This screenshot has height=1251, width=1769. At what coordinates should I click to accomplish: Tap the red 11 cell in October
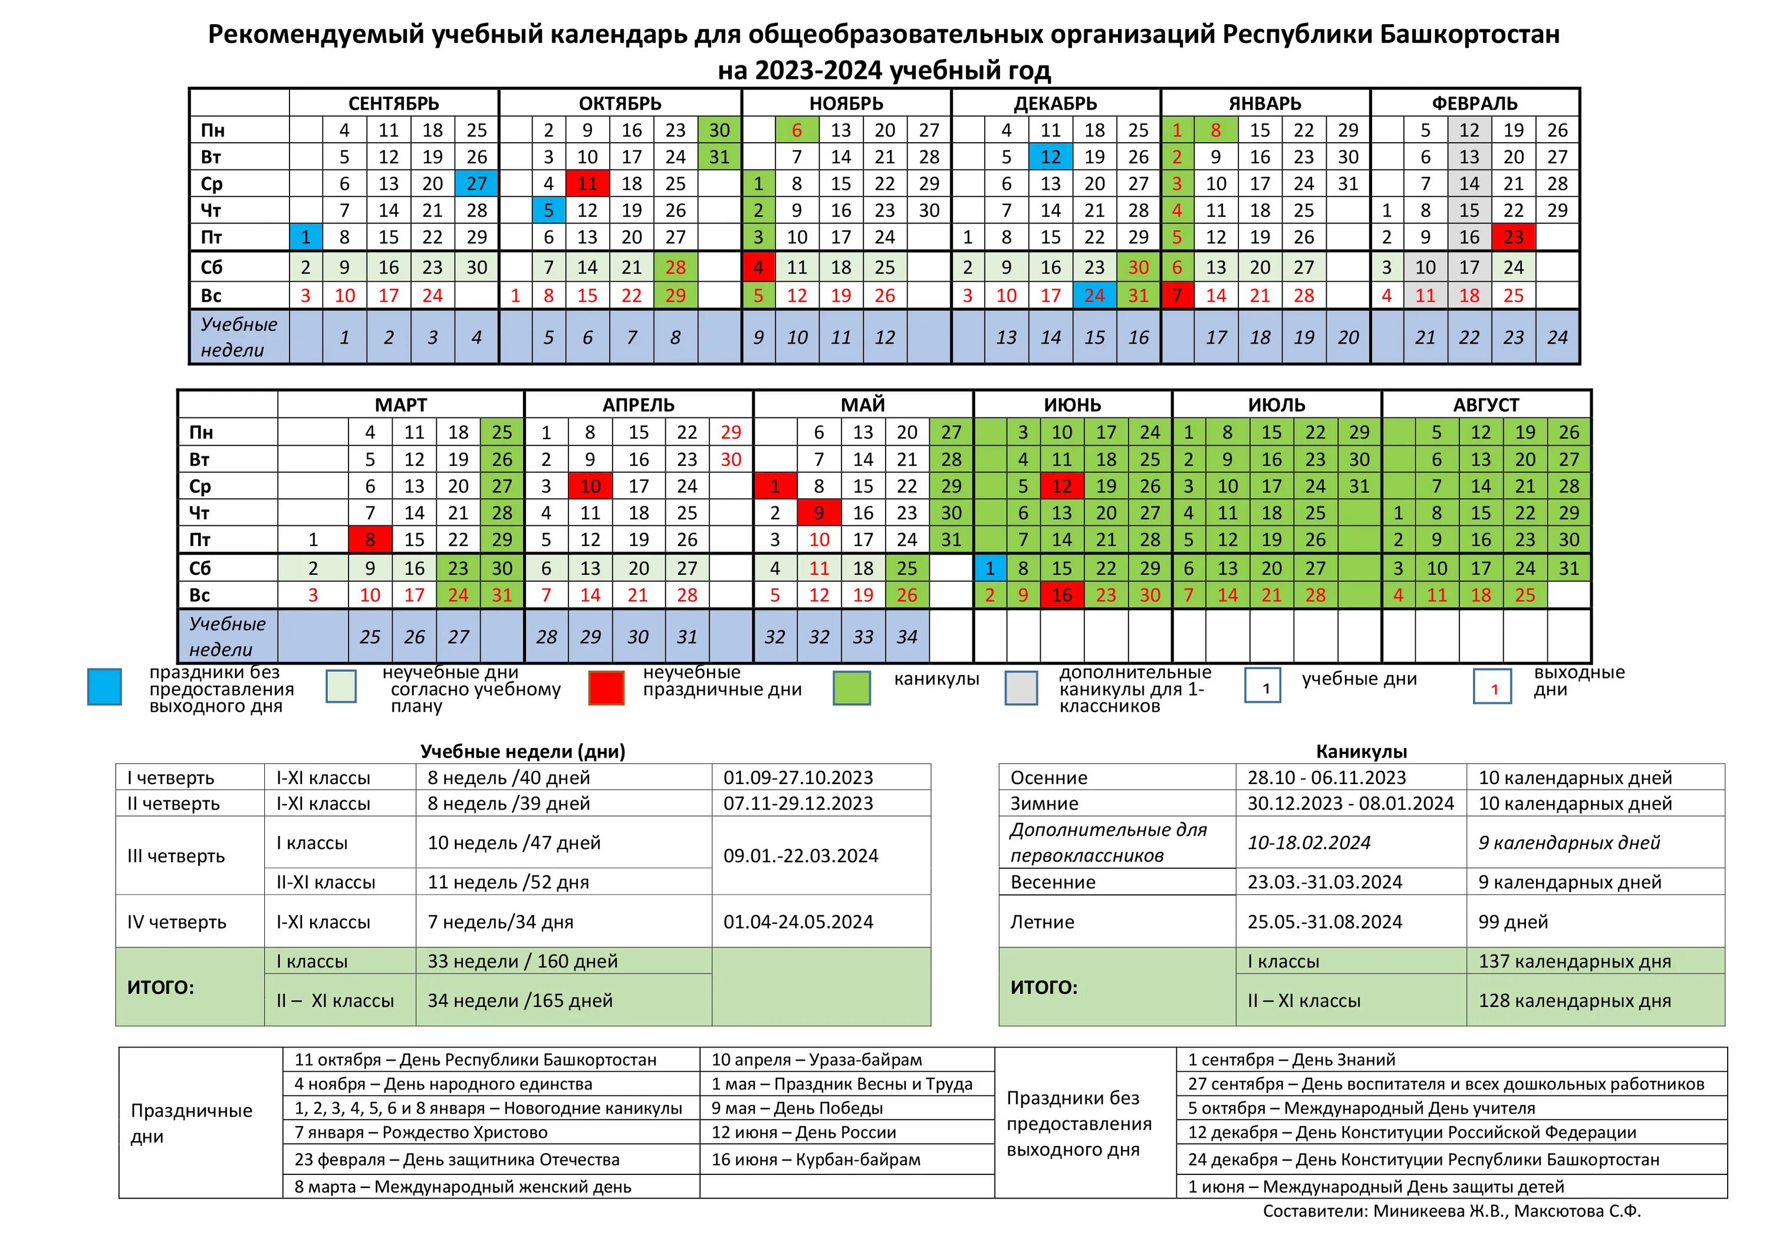tap(587, 183)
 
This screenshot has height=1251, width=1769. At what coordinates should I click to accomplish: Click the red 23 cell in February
tap(1513, 236)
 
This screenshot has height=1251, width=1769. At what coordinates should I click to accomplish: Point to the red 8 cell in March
tap(370, 539)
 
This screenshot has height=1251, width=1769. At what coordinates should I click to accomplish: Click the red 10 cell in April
tap(590, 486)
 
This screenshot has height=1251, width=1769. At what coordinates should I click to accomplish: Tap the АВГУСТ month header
tap(1485, 404)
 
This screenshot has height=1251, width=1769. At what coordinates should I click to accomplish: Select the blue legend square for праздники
tap(105, 686)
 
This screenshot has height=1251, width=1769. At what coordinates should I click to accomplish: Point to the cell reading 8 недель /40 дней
tap(508, 777)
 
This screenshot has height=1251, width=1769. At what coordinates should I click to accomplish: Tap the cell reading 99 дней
tap(1512, 921)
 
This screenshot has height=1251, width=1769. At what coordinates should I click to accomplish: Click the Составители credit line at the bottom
tap(1452, 1211)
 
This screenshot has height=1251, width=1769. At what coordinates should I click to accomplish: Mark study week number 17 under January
tap(1216, 337)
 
